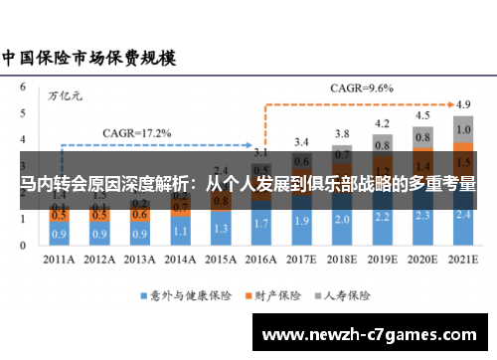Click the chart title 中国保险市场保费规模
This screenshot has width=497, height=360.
pyautogui.click(x=88, y=57)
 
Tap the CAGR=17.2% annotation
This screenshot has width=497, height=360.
pyautogui.click(x=137, y=132)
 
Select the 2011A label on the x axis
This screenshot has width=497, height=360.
pyautogui.click(x=60, y=262)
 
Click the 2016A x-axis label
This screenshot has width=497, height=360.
pyautogui.click(x=261, y=262)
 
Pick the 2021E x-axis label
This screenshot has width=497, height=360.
pyautogui.click(x=462, y=262)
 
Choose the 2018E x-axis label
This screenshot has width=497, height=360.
pyautogui.click(x=342, y=262)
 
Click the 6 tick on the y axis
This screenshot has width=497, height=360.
pyautogui.click(x=24, y=87)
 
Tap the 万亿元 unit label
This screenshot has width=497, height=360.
pyautogui.click(x=67, y=95)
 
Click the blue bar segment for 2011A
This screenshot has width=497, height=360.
pyautogui.click(x=60, y=235)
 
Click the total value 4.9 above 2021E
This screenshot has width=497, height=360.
pyautogui.click(x=463, y=103)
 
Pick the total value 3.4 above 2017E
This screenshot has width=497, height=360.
pyautogui.click(x=301, y=142)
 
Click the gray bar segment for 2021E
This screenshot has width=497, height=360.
pyautogui.click(x=462, y=130)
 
